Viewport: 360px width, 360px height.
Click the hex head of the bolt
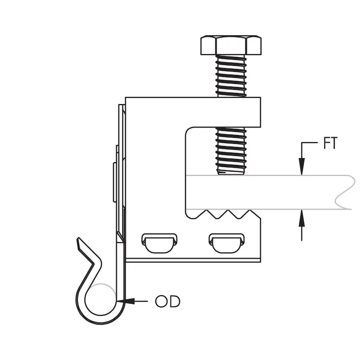231,45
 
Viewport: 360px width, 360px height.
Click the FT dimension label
330,143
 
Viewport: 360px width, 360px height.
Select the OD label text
168,302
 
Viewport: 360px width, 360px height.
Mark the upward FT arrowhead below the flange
302,218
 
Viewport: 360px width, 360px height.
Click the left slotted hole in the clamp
160,243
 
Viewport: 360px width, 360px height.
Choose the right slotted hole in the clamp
227,243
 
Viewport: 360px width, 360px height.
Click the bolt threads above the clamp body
231,76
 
